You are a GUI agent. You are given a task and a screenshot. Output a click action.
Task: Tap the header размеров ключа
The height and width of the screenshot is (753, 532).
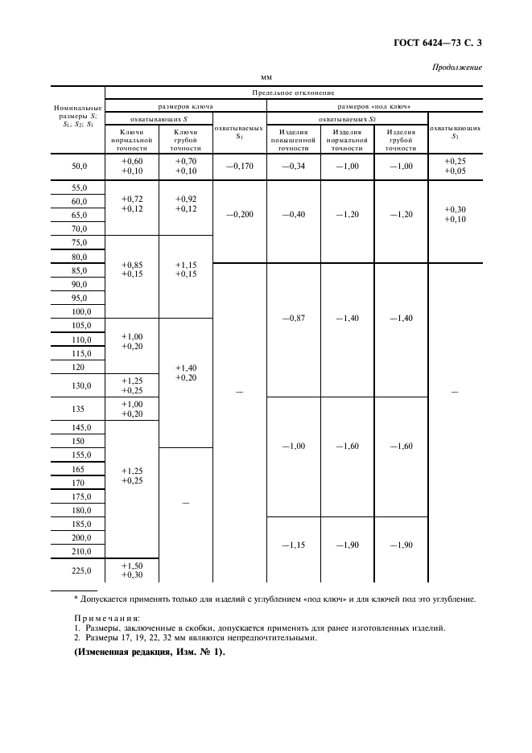click(185, 106)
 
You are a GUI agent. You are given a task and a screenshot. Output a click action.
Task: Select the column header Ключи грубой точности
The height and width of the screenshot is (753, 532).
click(185, 139)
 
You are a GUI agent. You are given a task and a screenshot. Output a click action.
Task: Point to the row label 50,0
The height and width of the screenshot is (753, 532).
click(79, 167)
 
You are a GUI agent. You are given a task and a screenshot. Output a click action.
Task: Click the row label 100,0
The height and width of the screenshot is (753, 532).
click(79, 311)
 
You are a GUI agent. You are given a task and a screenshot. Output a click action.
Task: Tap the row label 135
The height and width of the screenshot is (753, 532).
click(79, 408)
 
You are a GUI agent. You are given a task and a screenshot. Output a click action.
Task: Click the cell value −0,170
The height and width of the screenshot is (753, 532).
click(239, 167)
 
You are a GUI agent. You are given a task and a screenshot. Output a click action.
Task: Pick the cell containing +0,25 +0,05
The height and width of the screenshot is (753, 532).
click(455, 166)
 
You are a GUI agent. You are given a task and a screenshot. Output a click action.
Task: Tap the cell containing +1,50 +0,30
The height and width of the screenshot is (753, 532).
click(132, 570)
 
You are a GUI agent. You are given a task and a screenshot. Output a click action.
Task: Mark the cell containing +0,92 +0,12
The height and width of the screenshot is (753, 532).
click(185, 204)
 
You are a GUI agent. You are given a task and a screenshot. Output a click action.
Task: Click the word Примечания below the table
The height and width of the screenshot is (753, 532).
click(100, 618)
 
